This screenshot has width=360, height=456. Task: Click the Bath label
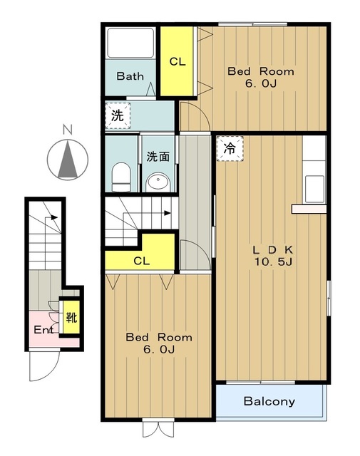pyautogui.click(x=130, y=76)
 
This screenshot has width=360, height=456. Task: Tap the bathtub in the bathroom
pyautogui.click(x=130, y=43)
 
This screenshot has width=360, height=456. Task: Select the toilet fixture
pyautogui.click(x=121, y=177)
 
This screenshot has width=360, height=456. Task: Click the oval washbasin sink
pyautogui.click(x=158, y=182)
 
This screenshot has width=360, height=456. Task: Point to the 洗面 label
pyautogui.click(x=158, y=157)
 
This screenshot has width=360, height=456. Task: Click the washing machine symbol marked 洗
pyautogui.click(x=118, y=115)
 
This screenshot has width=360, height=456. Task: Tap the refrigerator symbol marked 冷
pyautogui.click(x=230, y=149)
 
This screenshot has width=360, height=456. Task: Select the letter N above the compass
pyautogui.click(x=68, y=130)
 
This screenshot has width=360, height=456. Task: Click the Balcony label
pyautogui.click(x=269, y=401)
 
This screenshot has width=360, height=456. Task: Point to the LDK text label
pyautogui.click(x=273, y=250)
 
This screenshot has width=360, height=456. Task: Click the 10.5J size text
pyautogui.click(x=273, y=262)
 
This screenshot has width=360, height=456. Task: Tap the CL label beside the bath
pyautogui.click(x=178, y=62)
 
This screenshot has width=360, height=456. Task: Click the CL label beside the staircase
pyautogui.click(x=141, y=261)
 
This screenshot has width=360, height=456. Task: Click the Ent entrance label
pyautogui.click(x=43, y=330)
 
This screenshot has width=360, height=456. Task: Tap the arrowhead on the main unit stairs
pyautogui.click(x=168, y=213)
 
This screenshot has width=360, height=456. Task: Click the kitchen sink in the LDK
pyautogui.click(x=314, y=189)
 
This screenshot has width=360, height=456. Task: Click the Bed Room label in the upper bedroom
pyautogui.click(x=261, y=71)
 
